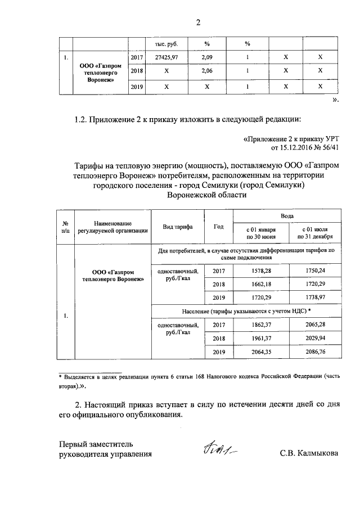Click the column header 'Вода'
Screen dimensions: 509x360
(287, 215)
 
